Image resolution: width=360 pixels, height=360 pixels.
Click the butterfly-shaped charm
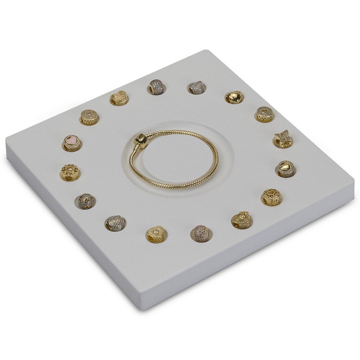click(283, 138)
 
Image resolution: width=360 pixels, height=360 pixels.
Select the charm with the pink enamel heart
click(72, 142)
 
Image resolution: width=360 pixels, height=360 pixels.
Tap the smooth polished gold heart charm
click(234, 96)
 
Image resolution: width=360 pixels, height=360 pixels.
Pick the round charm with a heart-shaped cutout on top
click(264, 114)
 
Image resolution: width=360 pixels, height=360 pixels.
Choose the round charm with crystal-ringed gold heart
click(286, 168)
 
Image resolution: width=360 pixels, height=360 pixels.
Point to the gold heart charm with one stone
click(156, 234)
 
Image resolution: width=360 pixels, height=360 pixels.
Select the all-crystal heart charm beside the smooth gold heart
click(197, 87)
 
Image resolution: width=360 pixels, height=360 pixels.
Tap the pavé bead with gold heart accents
click(86, 200)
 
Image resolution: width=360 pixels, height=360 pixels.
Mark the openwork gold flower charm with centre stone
click(70, 172)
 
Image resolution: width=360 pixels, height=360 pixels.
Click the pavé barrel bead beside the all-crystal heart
click(157, 87)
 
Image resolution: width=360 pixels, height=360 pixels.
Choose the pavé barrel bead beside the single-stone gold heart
click(201, 233)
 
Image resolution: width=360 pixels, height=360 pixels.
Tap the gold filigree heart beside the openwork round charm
click(242, 220)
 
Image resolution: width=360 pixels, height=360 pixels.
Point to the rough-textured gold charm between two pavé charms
click(119, 98)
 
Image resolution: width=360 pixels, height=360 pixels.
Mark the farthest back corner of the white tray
click(206, 51)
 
